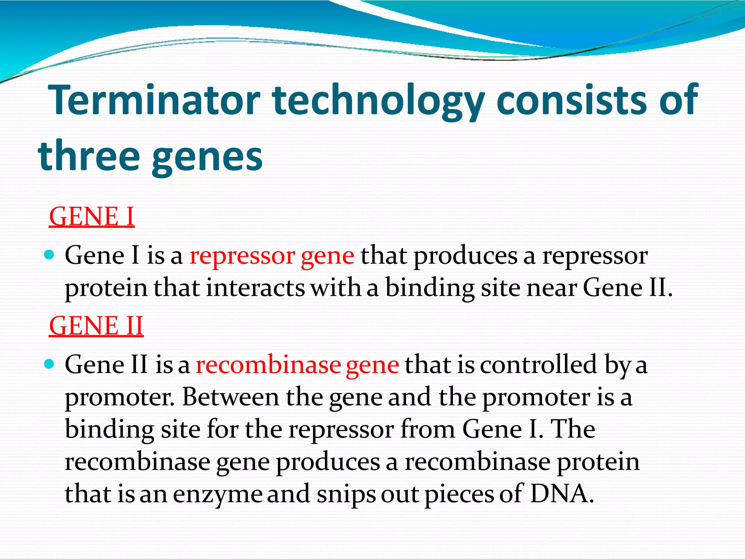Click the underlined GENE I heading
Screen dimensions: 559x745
[x=92, y=217]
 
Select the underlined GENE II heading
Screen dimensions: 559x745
[x=96, y=326]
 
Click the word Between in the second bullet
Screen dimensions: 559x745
[x=230, y=397]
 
